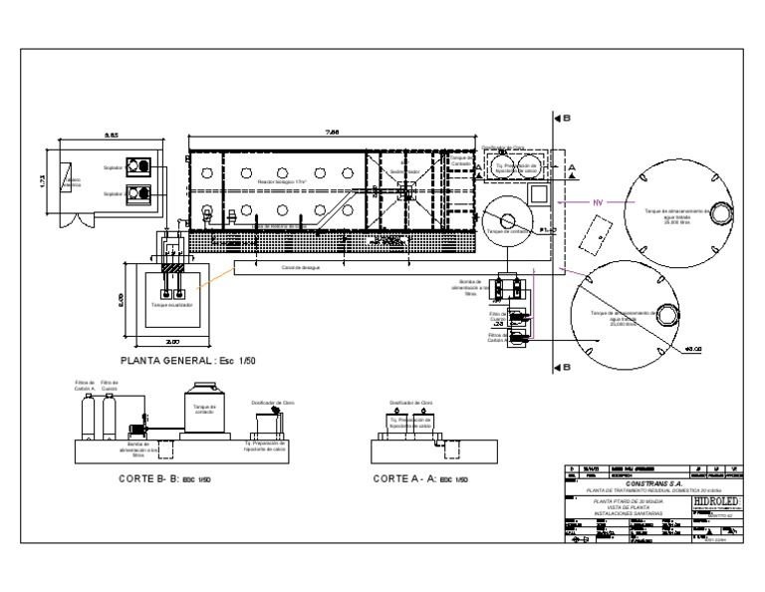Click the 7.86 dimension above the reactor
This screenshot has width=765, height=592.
(x=333, y=132)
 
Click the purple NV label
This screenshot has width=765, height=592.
(x=599, y=202)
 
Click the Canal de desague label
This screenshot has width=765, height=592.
(x=299, y=269)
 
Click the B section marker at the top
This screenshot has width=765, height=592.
(x=561, y=118)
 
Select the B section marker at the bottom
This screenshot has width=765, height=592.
(x=561, y=367)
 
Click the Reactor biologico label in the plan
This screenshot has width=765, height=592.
(x=280, y=183)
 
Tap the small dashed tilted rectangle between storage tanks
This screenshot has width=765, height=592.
(x=598, y=235)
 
